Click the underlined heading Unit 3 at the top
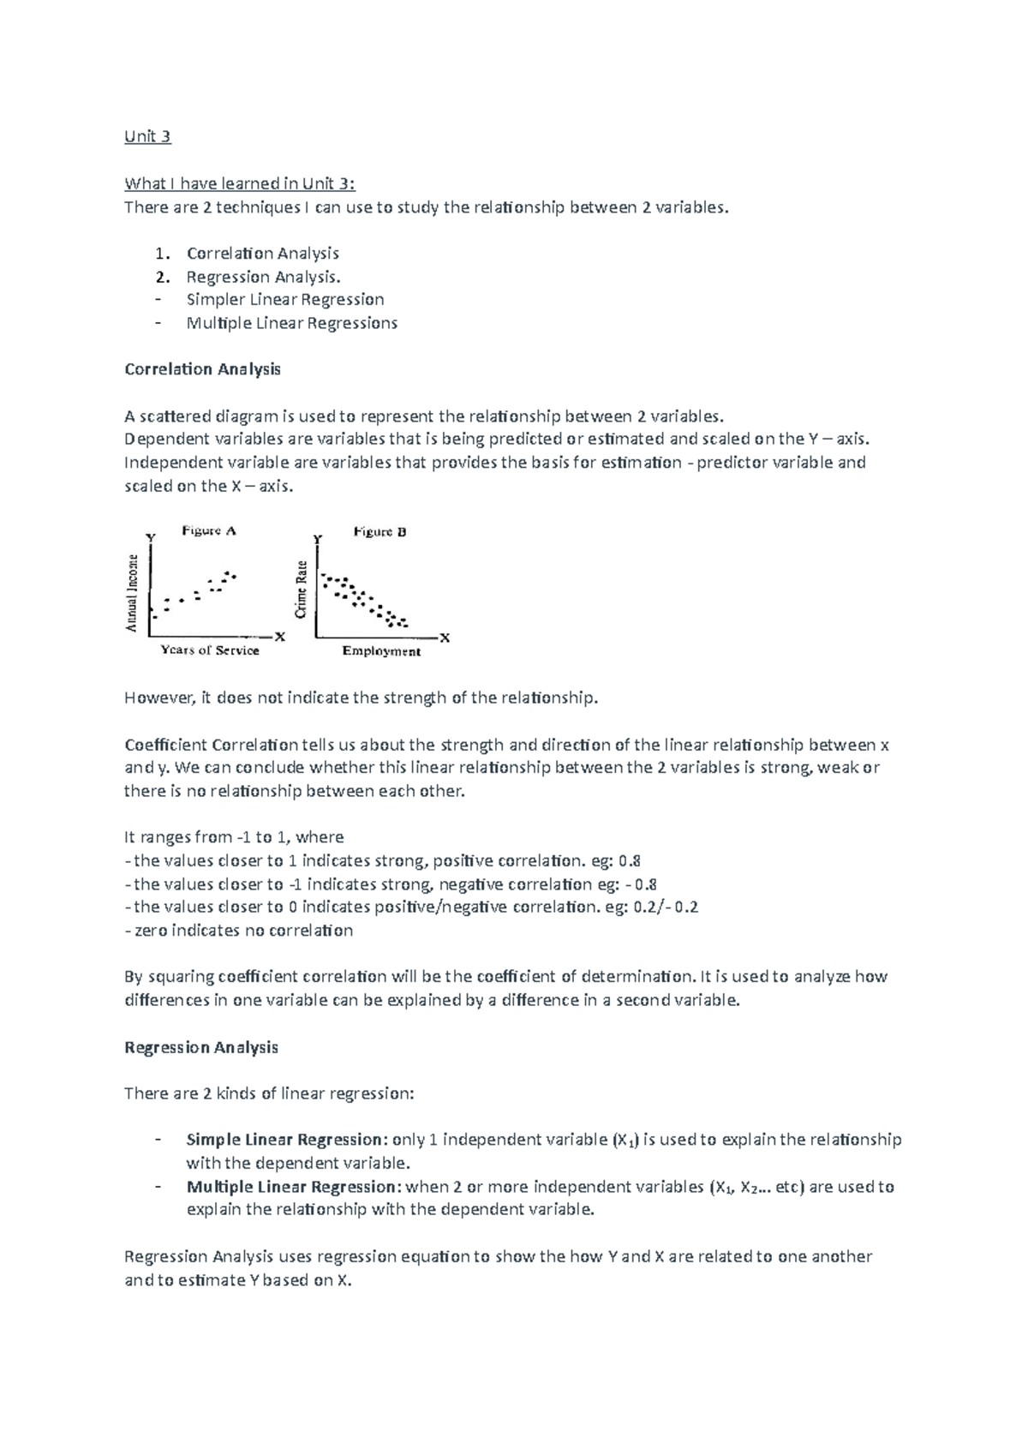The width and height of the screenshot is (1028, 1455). coord(147,136)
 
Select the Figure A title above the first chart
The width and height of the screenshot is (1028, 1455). coord(208,531)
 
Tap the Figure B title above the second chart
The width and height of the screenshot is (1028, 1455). coord(380,532)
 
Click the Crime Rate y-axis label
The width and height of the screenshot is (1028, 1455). coord(302,590)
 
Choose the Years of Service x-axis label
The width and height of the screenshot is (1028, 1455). coord(210,650)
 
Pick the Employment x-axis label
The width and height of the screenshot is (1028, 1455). coord(381,651)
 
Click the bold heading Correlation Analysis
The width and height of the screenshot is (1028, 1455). coord(202,369)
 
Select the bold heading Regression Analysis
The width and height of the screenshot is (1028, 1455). coord(201,1047)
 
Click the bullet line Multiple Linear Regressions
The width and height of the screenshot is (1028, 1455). coord(291,323)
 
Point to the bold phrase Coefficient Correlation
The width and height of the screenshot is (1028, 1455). coord(211,744)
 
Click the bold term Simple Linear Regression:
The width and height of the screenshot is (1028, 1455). coord(287,1140)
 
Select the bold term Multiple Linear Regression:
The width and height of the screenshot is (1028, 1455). coord(293,1187)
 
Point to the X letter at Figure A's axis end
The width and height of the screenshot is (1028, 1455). coord(279,637)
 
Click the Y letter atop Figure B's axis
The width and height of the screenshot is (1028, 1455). coord(317,539)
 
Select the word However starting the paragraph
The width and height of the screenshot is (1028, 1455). coord(159,698)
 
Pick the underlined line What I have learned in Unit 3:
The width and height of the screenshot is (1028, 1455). coord(239,183)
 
